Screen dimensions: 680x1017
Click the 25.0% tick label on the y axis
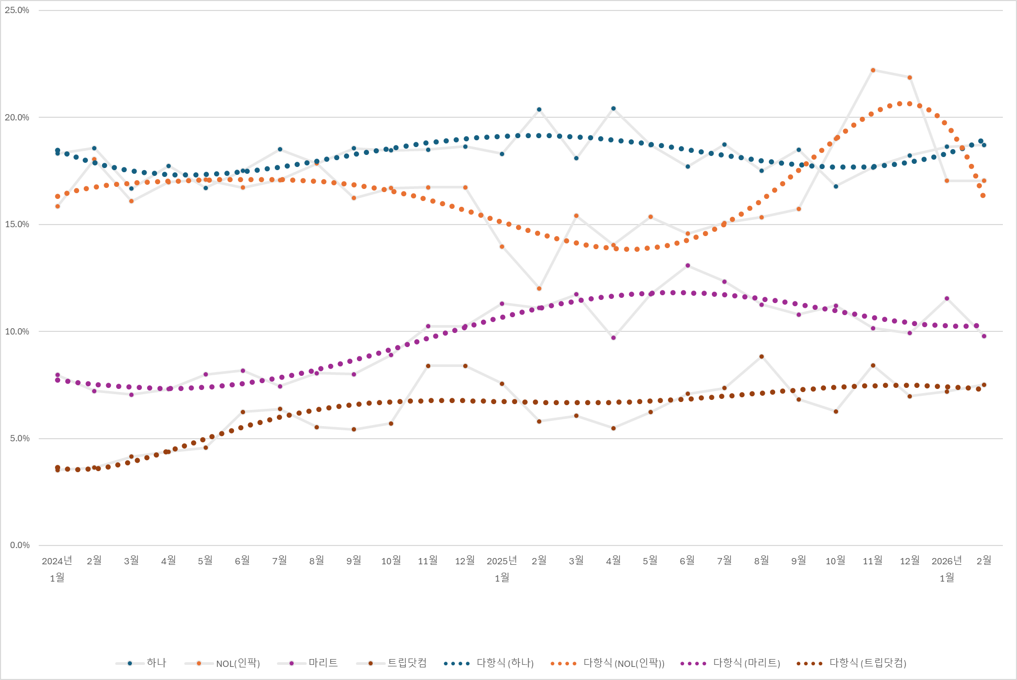[x=17, y=10]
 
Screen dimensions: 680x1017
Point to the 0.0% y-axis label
[x=19, y=545]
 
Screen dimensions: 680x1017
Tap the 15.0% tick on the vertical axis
[x=17, y=225]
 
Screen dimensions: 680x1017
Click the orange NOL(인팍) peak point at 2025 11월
[x=873, y=70]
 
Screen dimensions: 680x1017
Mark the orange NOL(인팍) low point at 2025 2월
[x=539, y=288]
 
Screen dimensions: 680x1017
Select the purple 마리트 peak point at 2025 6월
[x=688, y=265]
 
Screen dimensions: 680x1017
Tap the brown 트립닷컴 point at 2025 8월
[x=762, y=356]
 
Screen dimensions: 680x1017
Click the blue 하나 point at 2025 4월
[x=613, y=108]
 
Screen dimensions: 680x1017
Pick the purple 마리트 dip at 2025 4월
[x=613, y=338]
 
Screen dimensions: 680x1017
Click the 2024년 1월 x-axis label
[x=57, y=568]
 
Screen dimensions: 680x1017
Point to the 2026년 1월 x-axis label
[x=947, y=568]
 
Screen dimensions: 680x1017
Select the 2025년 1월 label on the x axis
[x=502, y=568]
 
